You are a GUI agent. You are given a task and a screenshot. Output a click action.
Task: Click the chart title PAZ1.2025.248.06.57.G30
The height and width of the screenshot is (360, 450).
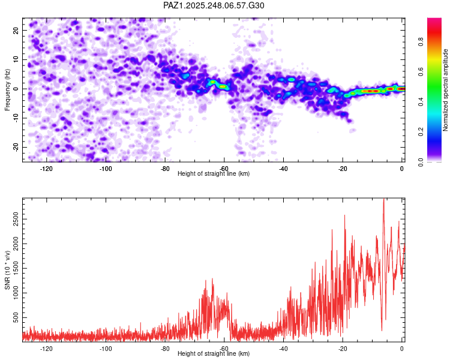(214, 5)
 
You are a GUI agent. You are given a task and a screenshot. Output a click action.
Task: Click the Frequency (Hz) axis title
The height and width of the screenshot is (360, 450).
(8, 89)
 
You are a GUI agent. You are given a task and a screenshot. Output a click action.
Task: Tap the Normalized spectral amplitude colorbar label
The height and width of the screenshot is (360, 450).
(445, 90)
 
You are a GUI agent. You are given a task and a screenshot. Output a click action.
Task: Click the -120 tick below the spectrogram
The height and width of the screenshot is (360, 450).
(46, 169)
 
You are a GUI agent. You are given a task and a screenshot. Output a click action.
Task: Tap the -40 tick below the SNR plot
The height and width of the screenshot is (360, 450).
(283, 348)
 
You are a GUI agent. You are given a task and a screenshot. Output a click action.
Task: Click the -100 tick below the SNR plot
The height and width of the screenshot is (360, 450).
(106, 348)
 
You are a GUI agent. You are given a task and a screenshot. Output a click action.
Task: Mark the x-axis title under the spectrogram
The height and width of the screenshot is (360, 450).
(214, 174)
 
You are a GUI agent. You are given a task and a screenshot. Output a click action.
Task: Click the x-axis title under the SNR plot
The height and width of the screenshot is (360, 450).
(214, 353)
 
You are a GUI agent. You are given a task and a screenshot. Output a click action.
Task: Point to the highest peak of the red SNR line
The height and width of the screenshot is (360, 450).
(383, 200)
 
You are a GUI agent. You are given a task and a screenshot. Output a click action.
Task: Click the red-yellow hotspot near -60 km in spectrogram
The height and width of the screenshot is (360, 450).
(223, 86)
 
